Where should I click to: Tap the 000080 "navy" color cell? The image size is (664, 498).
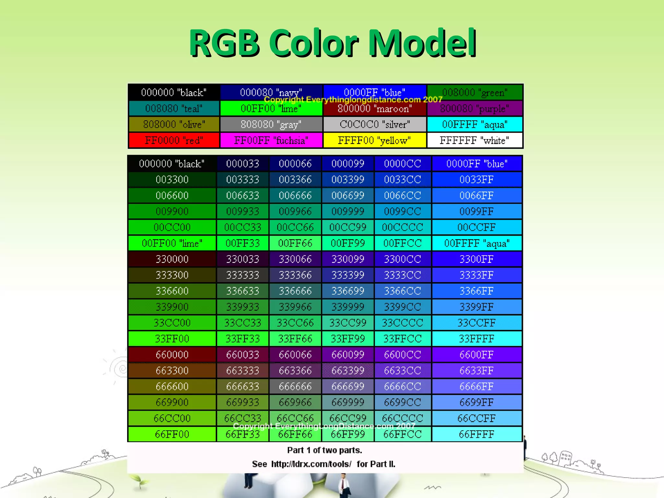[271, 92]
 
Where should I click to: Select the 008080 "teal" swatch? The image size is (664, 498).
[174, 108]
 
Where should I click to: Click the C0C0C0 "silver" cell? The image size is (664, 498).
[374, 124]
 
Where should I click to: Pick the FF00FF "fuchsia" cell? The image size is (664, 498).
[271, 140]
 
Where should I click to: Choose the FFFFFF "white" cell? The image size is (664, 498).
[474, 140]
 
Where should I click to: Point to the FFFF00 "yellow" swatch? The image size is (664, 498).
[374, 140]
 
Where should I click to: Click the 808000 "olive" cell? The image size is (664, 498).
[174, 124]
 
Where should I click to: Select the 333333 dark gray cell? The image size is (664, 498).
[243, 275]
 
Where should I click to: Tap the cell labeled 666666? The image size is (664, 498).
[295, 386]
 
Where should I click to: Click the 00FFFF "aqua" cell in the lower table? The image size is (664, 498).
[477, 243]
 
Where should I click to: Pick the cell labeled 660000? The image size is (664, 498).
[172, 355]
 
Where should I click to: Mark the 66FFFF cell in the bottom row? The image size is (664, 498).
[477, 434]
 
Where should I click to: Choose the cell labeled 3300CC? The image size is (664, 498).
[403, 259]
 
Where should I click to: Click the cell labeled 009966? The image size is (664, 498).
[295, 211]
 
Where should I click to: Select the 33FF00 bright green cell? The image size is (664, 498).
[172, 339]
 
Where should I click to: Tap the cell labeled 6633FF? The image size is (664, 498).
[477, 371]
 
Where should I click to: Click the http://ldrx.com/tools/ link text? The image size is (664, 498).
[311, 464]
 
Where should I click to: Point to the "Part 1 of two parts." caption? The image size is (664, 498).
[325, 450]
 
